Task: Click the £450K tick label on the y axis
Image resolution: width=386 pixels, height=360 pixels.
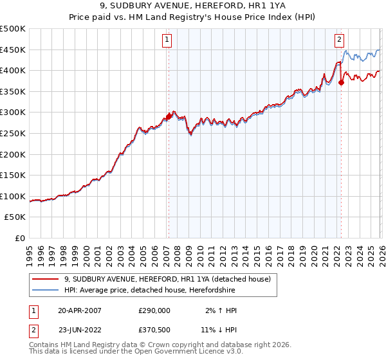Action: pos(13,50)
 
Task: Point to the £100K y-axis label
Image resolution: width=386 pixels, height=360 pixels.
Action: pos(13,196)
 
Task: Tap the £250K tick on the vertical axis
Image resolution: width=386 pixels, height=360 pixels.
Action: pos(13,133)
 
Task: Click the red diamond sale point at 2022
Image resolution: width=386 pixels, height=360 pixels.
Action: pos(341,82)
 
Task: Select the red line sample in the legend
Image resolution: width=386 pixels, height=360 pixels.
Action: pos(44,279)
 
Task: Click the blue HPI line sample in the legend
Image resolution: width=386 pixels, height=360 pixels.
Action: pos(44,291)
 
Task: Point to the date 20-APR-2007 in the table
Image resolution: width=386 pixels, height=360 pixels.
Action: pos(80,310)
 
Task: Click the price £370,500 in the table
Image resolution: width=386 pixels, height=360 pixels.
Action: pos(154,328)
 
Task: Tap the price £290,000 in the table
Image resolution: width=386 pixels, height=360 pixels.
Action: pos(154,310)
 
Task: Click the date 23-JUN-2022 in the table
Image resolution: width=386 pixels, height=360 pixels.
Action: pos(80,328)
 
